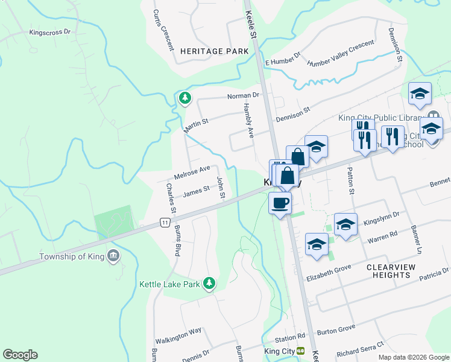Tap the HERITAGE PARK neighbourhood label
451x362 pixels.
click(x=214, y=51)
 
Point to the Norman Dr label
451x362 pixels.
click(x=243, y=96)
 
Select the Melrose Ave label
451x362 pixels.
click(x=192, y=172)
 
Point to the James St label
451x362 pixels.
click(x=196, y=191)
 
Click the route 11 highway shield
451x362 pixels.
click(x=165, y=223)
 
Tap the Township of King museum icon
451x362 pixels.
click(x=113, y=256)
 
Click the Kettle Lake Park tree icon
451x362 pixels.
click(x=209, y=283)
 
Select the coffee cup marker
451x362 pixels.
click(x=280, y=203)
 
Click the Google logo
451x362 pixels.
click(x=20, y=355)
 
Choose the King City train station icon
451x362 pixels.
click(x=300, y=351)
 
